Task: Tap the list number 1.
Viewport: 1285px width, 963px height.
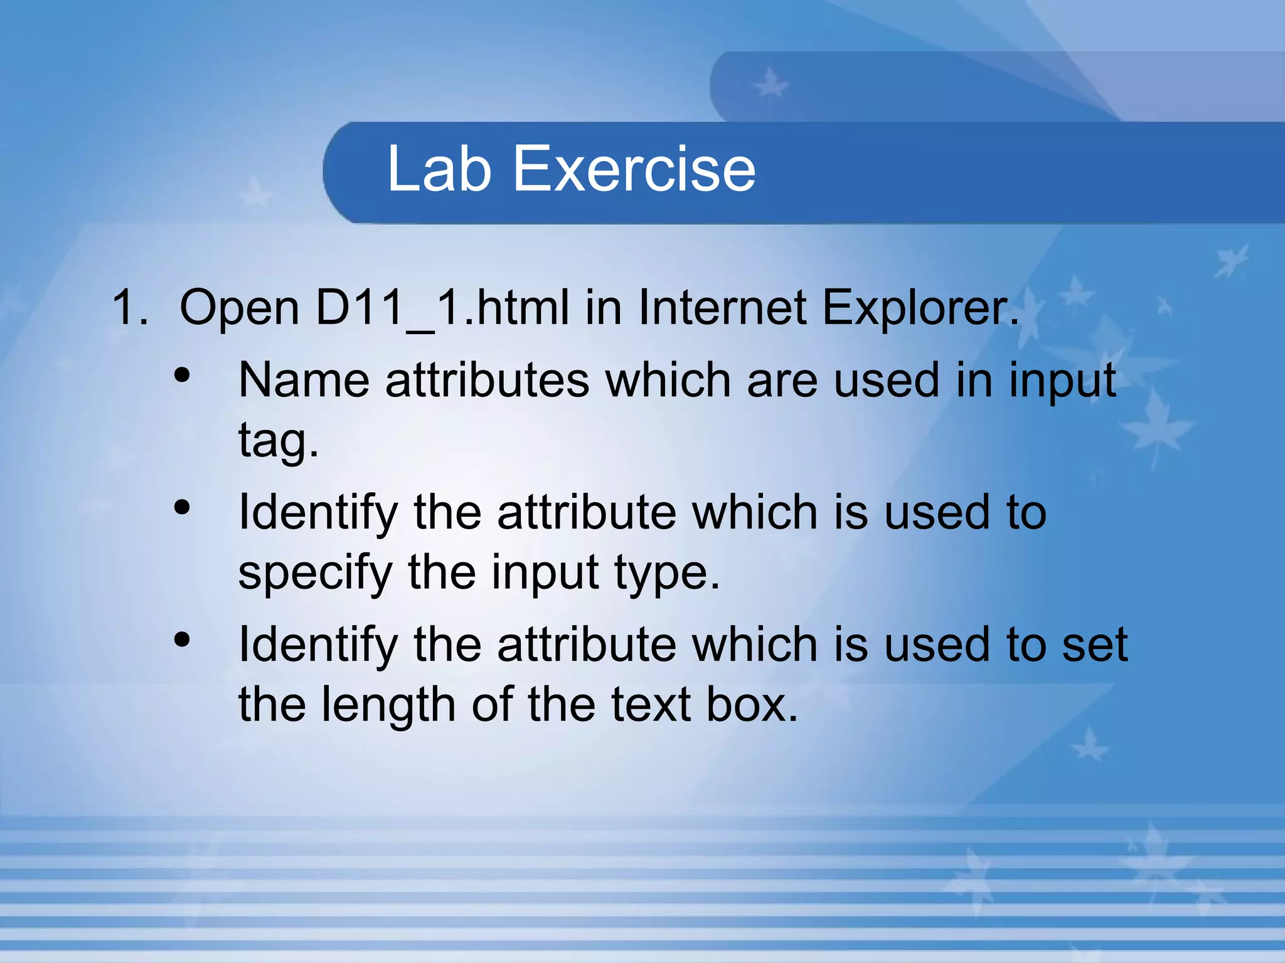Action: tap(129, 307)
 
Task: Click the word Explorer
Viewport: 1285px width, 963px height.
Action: tap(920, 307)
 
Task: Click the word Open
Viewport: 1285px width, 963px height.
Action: tap(240, 307)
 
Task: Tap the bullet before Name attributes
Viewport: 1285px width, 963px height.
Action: tap(182, 376)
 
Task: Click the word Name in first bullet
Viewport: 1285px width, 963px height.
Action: tap(303, 380)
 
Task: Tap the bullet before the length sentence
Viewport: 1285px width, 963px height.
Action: tap(182, 640)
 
